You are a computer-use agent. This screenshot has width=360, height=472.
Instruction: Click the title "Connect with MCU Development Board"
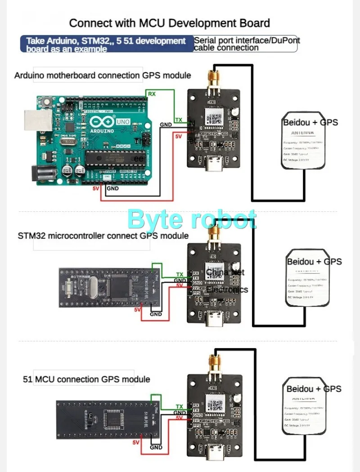pyautogui.click(x=169, y=23)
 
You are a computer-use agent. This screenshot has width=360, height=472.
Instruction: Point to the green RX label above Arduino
pyautogui.click(x=152, y=93)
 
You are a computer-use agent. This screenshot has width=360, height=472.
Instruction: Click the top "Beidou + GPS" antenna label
pyautogui.click(x=310, y=122)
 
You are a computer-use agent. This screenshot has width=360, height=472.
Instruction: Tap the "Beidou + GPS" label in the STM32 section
pyautogui.click(x=314, y=261)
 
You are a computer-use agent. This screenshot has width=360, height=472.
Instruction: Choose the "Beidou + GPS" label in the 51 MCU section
pyautogui.click(x=314, y=389)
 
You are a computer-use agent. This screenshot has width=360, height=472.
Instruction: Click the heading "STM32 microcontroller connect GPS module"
pyautogui.click(x=103, y=236)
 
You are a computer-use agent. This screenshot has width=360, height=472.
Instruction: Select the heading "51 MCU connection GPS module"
pyautogui.click(x=86, y=379)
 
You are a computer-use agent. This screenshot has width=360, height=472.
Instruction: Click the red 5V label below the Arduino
pyautogui.click(x=95, y=188)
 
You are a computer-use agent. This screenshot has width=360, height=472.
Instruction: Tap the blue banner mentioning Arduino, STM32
pyautogui.click(x=107, y=44)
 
